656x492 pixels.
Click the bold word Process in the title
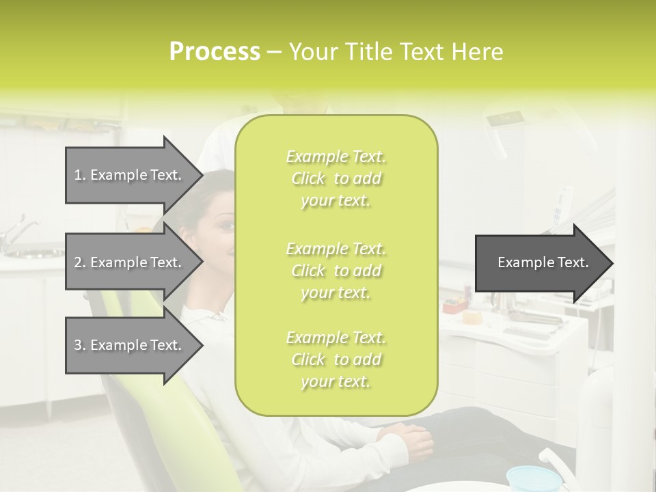pos(215,51)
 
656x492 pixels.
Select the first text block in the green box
pos(336,178)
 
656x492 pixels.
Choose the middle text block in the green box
pos(336,271)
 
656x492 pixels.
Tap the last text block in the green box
pos(336,359)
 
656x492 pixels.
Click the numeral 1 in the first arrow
pos(78,175)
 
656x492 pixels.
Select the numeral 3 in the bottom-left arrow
pos(78,345)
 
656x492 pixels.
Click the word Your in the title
pos(312,51)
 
